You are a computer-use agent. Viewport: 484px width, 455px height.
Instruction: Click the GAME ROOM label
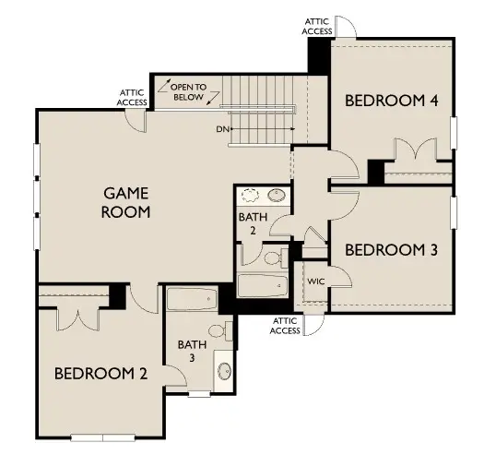point(127,202)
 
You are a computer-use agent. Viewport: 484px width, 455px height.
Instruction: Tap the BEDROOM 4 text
point(391,100)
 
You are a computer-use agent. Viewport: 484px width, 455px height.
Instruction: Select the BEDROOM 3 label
point(391,249)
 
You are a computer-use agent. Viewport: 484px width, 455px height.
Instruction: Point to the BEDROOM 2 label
point(101,374)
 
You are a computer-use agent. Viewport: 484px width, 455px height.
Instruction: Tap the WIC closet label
point(316,281)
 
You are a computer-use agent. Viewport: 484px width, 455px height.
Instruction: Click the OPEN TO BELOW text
point(194,91)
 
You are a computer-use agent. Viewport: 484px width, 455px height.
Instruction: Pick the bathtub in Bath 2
point(263,284)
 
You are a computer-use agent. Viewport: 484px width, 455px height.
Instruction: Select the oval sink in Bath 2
point(276,196)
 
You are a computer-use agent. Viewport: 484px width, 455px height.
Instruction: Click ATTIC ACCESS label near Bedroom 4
point(317,25)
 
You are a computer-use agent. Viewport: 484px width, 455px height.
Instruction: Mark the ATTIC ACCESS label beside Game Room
point(132,97)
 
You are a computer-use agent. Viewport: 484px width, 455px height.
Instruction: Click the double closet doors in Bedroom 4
point(409,152)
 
